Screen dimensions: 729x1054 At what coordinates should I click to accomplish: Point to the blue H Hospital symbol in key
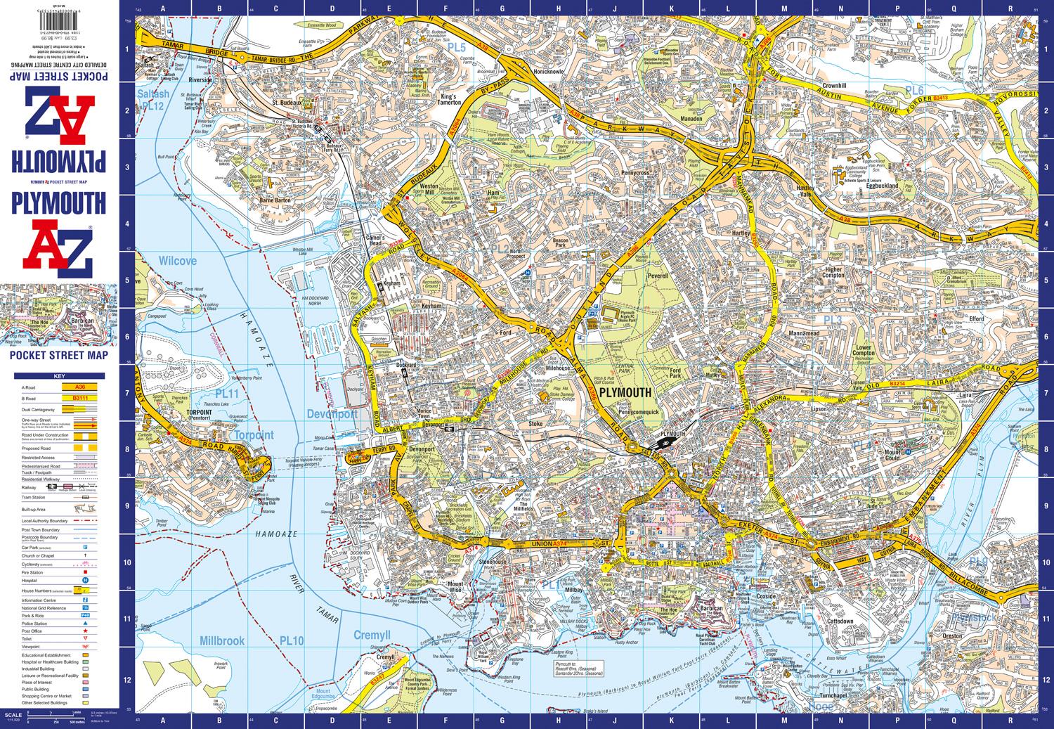pos(85,581)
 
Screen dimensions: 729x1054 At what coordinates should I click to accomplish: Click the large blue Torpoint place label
pos(252,435)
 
